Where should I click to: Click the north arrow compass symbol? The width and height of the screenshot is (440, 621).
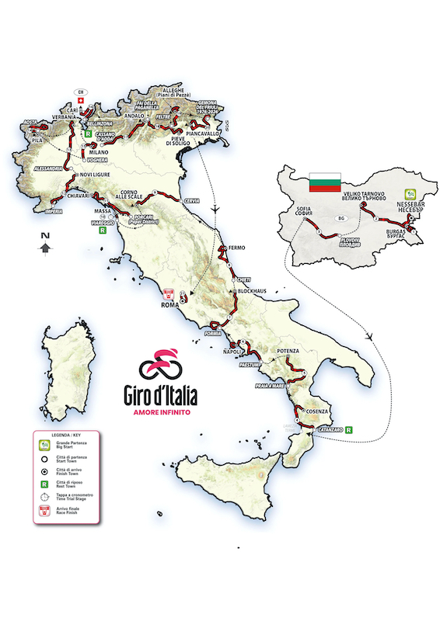tap(46, 245)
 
